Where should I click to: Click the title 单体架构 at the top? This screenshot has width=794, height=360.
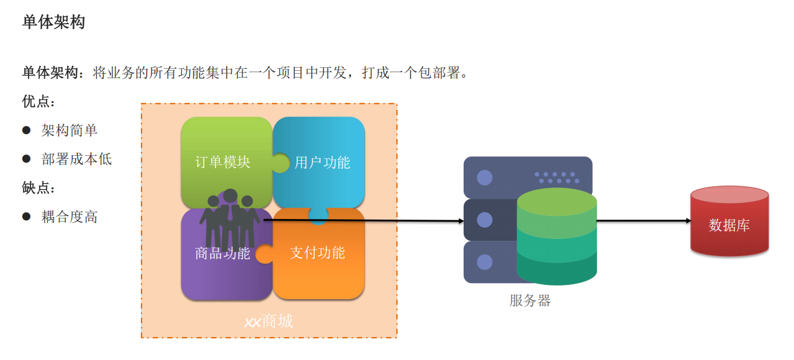coord(53,23)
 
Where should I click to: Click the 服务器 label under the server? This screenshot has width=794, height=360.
coord(530,301)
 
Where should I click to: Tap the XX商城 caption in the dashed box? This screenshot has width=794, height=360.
coord(268,322)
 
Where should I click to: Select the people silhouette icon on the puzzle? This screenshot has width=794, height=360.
coord(229,217)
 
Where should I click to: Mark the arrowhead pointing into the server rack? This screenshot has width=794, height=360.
coord(460,221)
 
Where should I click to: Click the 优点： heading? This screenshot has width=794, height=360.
coord(38,102)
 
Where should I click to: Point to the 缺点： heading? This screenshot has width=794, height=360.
coord(38,188)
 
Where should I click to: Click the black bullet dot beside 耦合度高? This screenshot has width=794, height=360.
coord(26,217)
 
